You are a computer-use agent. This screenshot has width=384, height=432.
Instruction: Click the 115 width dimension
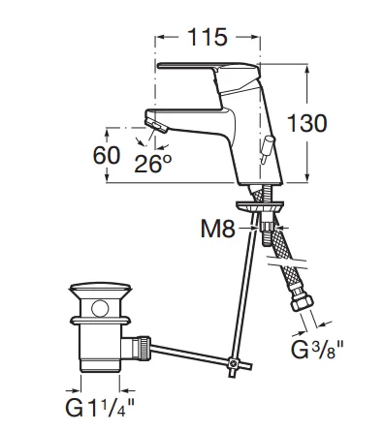207,38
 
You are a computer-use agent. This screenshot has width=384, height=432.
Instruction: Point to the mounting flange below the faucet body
259,206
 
